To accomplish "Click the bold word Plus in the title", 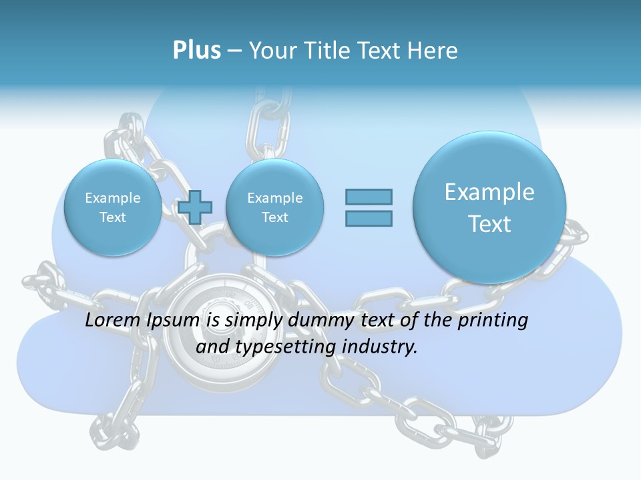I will point(196,51).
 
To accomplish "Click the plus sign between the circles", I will point(194,207).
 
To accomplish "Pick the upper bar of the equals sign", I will point(369,197).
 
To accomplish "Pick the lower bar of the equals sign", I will point(369,218).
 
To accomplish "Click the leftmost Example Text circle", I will point(113,207).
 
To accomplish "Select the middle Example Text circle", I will point(274,207).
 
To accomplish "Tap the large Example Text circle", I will point(489,207).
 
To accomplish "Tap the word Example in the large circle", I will point(489,192).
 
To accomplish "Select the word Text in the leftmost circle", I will point(113,217).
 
